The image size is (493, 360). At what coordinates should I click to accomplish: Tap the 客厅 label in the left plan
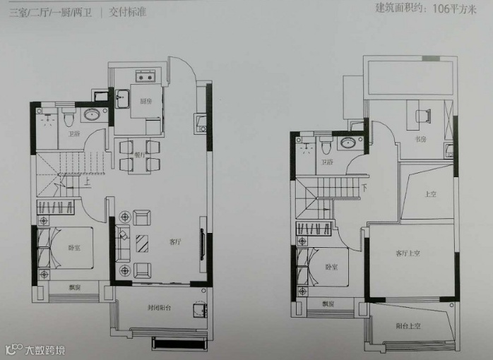[175, 242]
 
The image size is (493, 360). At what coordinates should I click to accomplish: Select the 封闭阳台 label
[159, 307]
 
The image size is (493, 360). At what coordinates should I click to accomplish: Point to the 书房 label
[421, 140]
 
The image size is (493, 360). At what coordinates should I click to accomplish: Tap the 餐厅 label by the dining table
[139, 155]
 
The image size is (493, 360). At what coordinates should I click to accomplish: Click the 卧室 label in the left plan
[74, 248]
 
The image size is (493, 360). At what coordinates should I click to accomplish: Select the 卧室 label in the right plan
[332, 267]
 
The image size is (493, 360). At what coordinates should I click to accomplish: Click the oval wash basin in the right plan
[348, 144]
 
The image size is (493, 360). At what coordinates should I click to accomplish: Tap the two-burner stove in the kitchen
[145, 78]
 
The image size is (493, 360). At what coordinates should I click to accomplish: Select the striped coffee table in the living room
[143, 242]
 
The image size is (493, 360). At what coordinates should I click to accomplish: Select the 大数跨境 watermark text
[44, 349]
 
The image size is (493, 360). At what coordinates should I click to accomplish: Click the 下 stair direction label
[364, 188]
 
